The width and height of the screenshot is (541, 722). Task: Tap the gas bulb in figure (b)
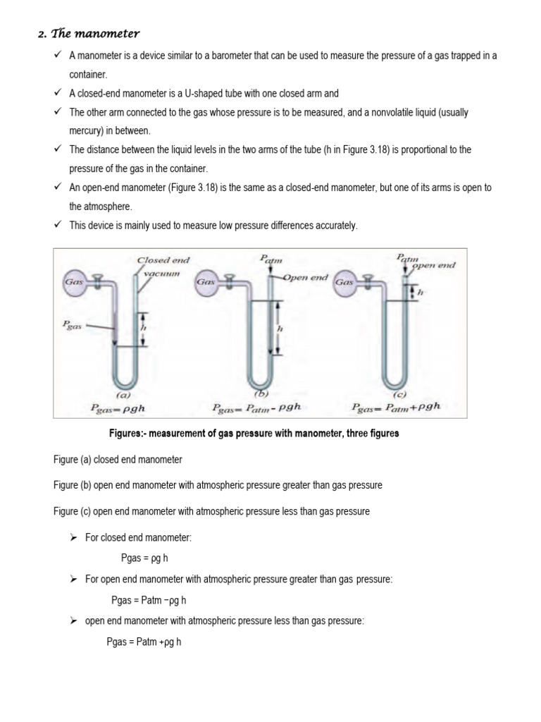click(205, 281)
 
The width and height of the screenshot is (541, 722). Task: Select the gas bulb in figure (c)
click(345, 281)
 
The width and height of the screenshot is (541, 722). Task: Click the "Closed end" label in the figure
click(163, 259)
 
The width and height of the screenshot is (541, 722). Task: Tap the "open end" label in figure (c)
click(433, 265)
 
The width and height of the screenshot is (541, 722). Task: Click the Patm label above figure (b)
click(270, 259)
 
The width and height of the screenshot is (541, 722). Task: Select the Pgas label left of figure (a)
click(73, 326)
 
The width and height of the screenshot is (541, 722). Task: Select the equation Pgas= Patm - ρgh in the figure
click(259, 408)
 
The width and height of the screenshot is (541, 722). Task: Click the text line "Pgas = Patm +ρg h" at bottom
click(144, 642)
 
